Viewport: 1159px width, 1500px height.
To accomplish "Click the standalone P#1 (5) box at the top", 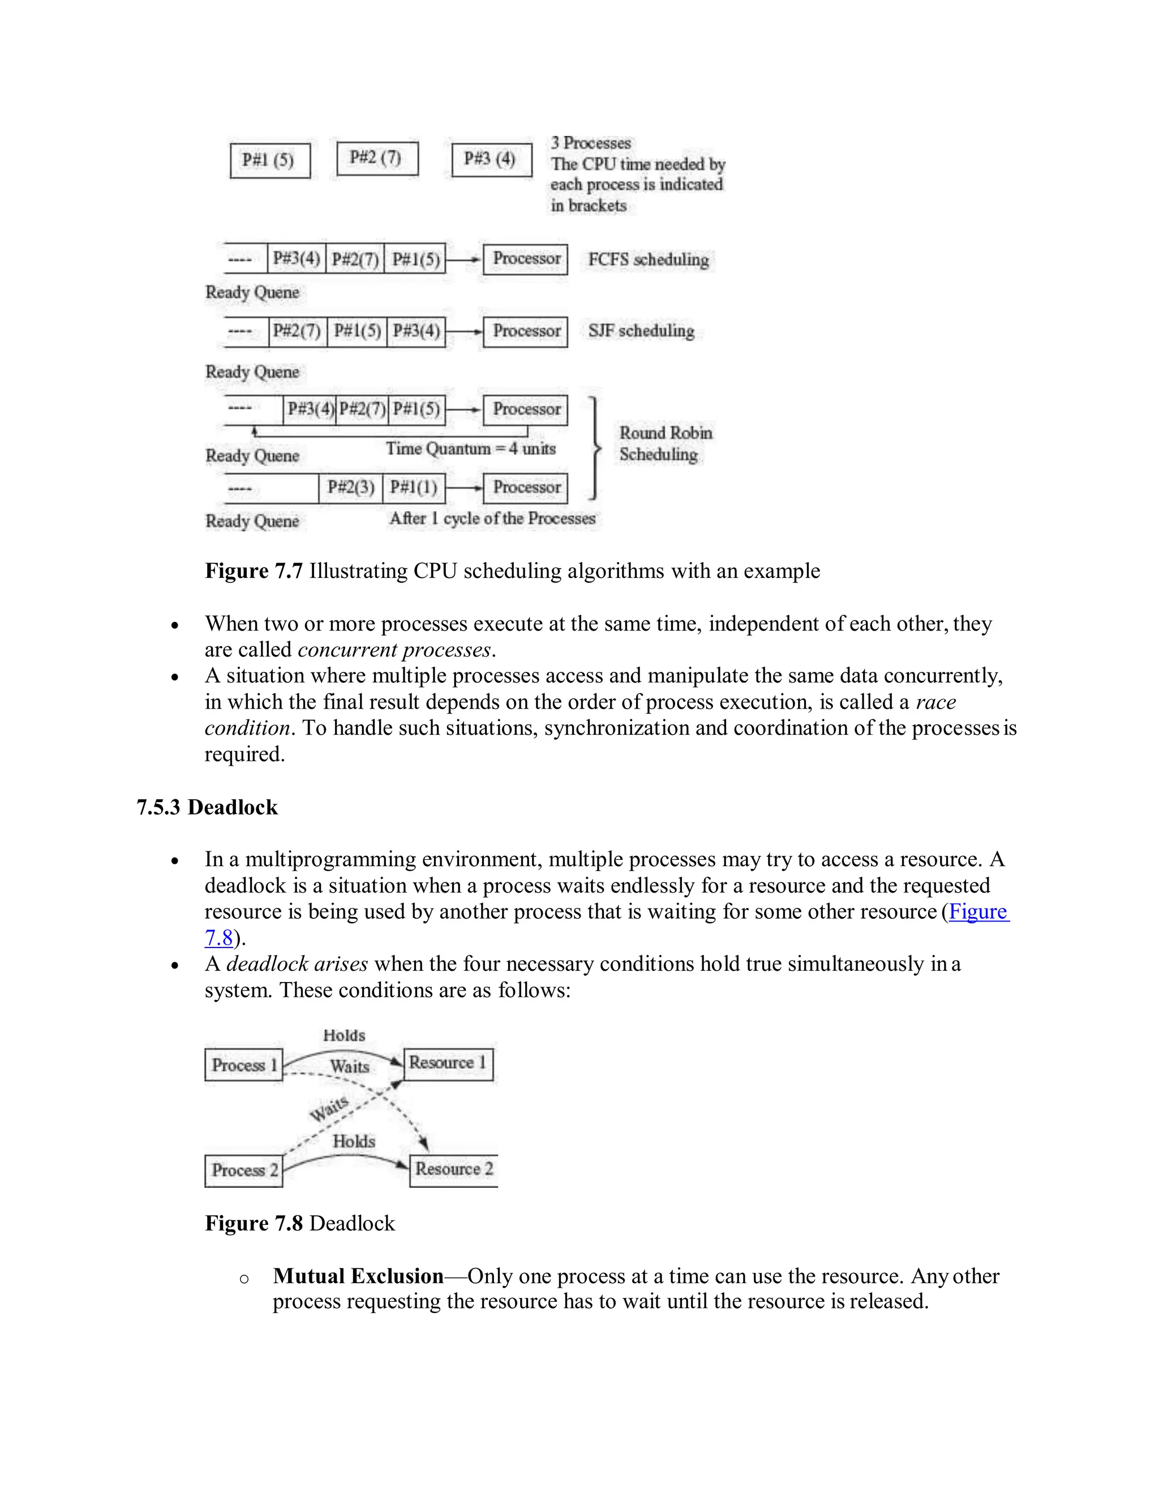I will click(270, 160).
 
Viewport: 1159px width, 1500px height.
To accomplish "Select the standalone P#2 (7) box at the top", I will click(377, 158).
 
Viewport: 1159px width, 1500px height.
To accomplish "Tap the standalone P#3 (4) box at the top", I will click(492, 160).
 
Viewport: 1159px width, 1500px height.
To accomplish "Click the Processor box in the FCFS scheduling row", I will click(525, 259).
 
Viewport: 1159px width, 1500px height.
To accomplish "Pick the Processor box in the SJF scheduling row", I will click(525, 331).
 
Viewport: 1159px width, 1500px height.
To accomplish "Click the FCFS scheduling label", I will click(648, 260).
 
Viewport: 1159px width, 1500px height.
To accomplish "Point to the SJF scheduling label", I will click(641, 331).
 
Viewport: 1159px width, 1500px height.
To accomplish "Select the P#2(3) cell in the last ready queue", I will click(350, 487).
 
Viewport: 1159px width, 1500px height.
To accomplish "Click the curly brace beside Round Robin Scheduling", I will click(595, 448).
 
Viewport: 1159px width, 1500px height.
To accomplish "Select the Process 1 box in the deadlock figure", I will click(244, 1065).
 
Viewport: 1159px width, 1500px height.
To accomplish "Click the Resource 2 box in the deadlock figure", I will click(453, 1169).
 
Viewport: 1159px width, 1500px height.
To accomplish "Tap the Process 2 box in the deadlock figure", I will click(244, 1171).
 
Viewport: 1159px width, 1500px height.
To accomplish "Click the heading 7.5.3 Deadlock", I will click(207, 807).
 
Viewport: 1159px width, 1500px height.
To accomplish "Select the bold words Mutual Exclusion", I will click(358, 1276).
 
